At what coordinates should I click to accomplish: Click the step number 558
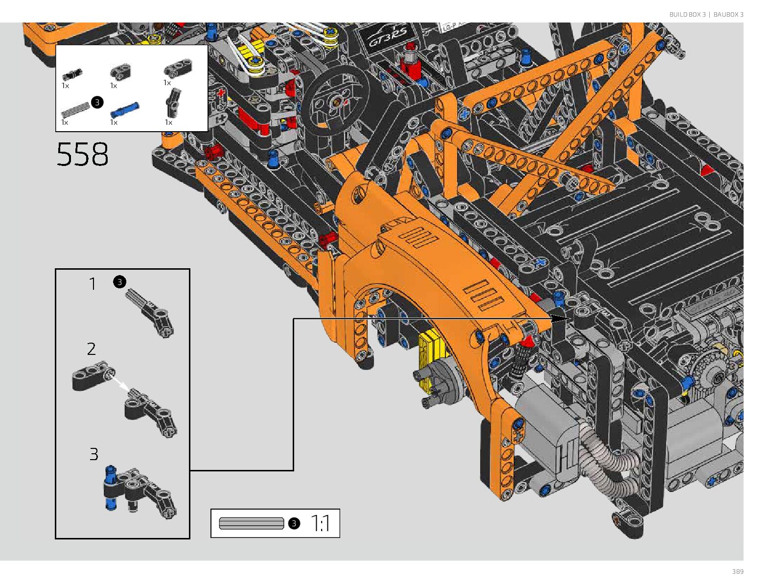(82, 154)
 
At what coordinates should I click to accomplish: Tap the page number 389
(738, 571)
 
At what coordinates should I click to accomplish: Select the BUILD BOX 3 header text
(688, 14)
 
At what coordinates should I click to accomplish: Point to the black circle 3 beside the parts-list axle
(97, 102)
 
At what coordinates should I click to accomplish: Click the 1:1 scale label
(320, 523)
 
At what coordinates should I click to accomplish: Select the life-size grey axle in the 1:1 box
(251, 523)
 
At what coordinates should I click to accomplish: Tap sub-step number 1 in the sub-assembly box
(93, 283)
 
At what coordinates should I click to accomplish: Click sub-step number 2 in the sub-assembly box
(91, 349)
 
